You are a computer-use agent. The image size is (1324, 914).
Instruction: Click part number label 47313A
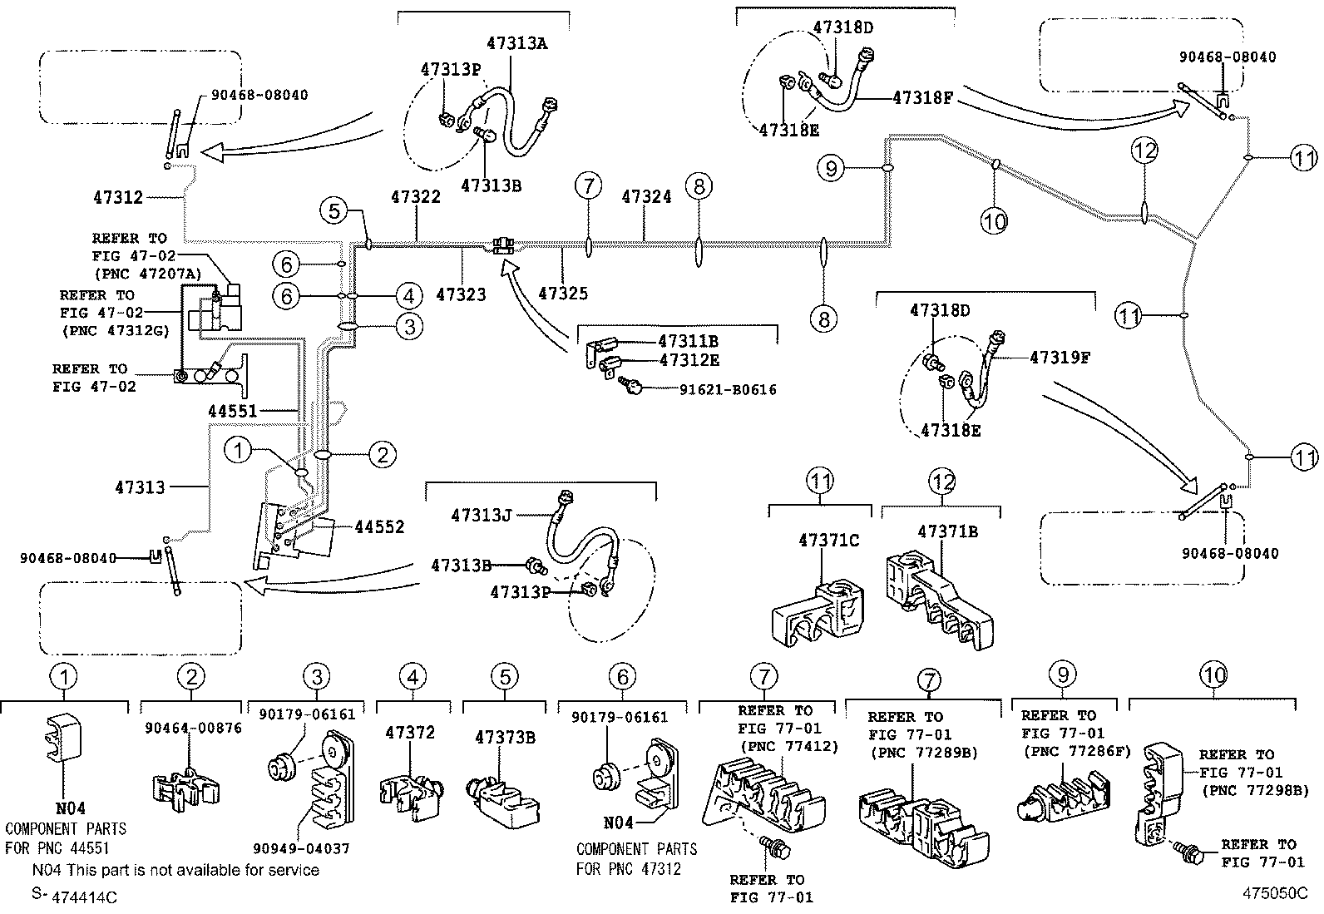pos(516,45)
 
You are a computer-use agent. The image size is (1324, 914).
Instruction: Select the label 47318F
pos(922,97)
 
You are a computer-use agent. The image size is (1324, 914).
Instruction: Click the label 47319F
pos(1060,358)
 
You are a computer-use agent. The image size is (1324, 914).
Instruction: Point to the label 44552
pos(379,526)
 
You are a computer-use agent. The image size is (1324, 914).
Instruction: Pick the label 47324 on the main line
pos(647,197)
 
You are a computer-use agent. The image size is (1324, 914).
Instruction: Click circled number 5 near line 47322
pos(333,210)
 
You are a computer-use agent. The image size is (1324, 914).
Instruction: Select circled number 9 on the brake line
pos(831,169)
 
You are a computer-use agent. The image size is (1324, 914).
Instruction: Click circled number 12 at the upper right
pos(1144,151)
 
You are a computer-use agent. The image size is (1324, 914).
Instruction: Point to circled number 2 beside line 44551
pos(382,454)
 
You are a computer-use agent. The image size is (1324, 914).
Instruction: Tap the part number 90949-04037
pos(301,849)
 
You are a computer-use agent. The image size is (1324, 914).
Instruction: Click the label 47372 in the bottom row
pos(410,734)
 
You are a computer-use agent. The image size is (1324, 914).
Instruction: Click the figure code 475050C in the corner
pos(1275,893)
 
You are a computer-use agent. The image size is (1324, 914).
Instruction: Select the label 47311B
pos(688,341)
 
